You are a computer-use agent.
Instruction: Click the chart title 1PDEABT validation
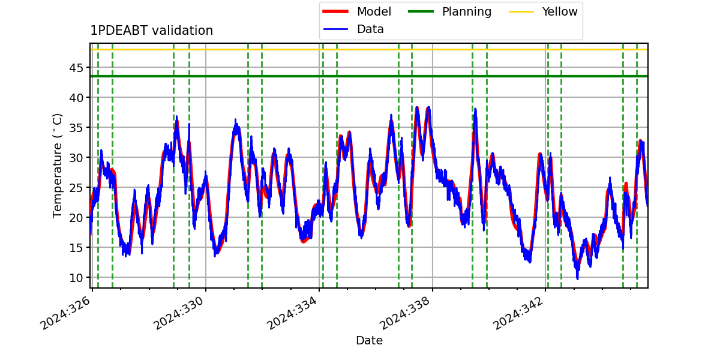pyautogui.click(x=151, y=31)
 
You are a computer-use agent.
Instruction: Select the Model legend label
pyautogui.click(x=374, y=11)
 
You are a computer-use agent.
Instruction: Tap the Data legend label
pyautogui.click(x=370, y=29)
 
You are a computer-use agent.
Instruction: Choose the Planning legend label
pyautogui.click(x=467, y=11)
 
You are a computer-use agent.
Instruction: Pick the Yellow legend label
pyautogui.click(x=560, y=11)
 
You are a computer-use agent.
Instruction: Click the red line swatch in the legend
pyautogui.click(x=335, y=11)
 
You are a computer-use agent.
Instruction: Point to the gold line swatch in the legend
pyautogui.click(x=521, y=11)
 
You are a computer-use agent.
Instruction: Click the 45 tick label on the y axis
pyautogui.click(x=76, y=68)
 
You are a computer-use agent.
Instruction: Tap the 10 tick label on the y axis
pyautogui.click(x=76, y=278)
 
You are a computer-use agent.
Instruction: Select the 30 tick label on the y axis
pyautogui.click(x=76, y=158)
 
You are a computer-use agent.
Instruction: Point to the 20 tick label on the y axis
pyautogui.click(x=76, y=218)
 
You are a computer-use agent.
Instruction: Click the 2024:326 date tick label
pyautogui.click(x=65, y=313)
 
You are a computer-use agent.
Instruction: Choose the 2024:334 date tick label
pyautogui.click(x=293, y=313)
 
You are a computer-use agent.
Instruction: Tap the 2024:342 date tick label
pyautogui.click(x=518, y=313)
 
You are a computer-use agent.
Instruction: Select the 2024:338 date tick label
pyautogui.click(x=406, y=313)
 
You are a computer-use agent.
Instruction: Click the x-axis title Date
pyautogui.click(x=370, y=340)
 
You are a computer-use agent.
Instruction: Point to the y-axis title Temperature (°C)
pyautogui.click(x=57, y=166)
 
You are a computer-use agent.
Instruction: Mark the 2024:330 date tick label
pyautogui.click(x=179, y=313)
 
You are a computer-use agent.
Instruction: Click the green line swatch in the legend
pyautogui.click(x=421, y=11)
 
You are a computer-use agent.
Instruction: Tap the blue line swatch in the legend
pyautogui.click(x=335, y=29)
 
